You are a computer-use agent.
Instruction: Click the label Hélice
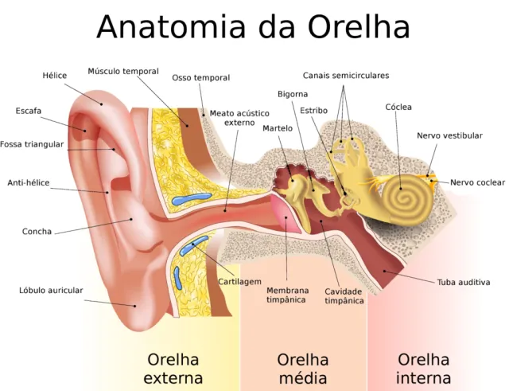click(x=55, y=76)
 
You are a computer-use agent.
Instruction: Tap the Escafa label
click(x=29, y=111)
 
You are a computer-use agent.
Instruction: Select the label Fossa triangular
click(x=32, y=144)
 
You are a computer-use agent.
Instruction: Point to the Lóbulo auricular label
click(x=51, y=290)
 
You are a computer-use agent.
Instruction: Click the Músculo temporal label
click(x=123, y=71)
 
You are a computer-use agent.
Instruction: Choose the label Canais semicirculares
click(x=346, y=76)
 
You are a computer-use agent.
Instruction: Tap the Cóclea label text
click(x=398, y=107)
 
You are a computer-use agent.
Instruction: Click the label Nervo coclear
click(x=477, y=182)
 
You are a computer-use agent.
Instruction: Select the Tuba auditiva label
click(x=464, y=282)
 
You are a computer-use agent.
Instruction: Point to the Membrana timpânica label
click(x=286, y=295)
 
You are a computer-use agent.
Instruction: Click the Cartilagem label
click(x=239, y=281)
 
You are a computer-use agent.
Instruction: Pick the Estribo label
click(x=313, y=111)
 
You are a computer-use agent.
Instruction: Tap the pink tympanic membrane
click(x=286, y=214)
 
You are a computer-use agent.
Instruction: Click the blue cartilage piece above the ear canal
click(x=191, y=198)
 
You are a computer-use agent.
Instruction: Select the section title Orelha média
click(x=303, y=369)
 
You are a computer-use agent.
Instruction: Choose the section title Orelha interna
click(x=423, y=369)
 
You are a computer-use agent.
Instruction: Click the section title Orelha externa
click(x=173, y=369)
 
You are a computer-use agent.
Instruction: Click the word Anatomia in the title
click(x=171, y=26)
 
